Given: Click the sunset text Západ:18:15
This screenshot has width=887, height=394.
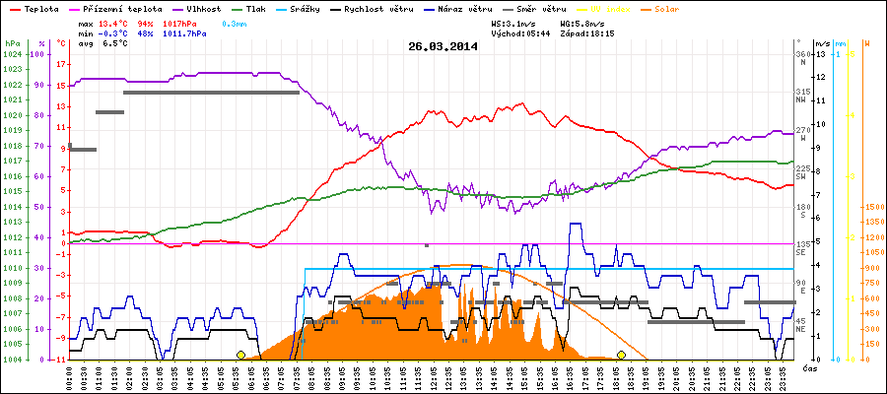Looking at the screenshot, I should pos(586,33).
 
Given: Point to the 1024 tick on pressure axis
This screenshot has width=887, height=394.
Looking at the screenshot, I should pos(12,54).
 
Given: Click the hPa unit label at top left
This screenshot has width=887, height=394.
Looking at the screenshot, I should pos(12,43).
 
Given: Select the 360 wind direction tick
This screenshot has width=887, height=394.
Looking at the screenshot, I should pos(802,54).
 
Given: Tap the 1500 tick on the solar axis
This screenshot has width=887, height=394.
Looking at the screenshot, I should pos(872,207).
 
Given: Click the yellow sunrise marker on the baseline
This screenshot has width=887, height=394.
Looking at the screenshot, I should pos(240,355).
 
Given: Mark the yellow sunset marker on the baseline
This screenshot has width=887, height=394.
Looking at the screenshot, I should pos(621,355).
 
